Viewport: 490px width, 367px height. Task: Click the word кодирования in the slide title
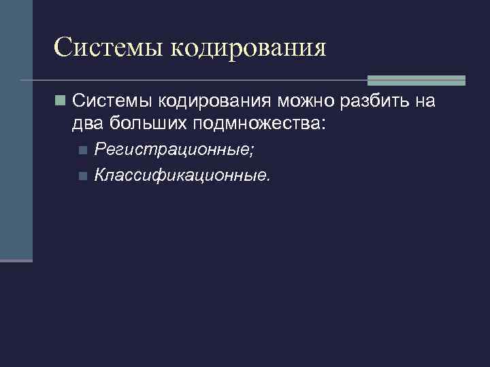click(x=248, y=48)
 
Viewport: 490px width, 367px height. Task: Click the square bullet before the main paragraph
click(x=61, y=102)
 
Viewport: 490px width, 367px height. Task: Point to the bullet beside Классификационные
click(x=82, y=176)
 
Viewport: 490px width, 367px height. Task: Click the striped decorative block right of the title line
click(x=416, y=80)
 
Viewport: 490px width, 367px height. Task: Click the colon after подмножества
click(x=323, y=124)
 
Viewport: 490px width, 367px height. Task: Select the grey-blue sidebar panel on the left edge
click(x=16, y=129)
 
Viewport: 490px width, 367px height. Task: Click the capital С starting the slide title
click(x=63, y=48)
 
